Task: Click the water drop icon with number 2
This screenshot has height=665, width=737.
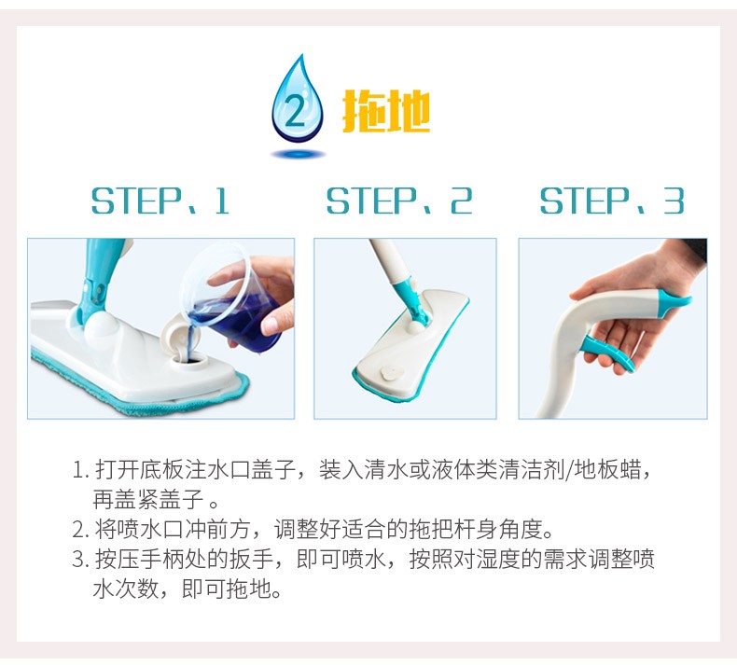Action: tap(298, 101)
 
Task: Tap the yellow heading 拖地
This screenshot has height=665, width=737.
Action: tap(386, 111)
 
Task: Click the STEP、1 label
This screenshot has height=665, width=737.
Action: tap(160, 201)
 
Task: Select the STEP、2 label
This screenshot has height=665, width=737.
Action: tap(399, 201)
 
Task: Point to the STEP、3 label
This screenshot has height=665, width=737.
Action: tap(611, 201)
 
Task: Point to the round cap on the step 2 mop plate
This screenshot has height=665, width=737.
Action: tap(392, 373)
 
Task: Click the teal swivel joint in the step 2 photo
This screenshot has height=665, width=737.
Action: tap(409, 299)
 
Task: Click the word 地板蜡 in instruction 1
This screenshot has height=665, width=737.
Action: tap(607, 469)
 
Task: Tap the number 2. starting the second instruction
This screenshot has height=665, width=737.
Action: tap(80, 529)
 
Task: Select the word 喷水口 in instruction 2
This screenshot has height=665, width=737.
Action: tap(140, 529)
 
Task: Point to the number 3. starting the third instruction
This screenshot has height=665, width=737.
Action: tap(80, 560)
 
